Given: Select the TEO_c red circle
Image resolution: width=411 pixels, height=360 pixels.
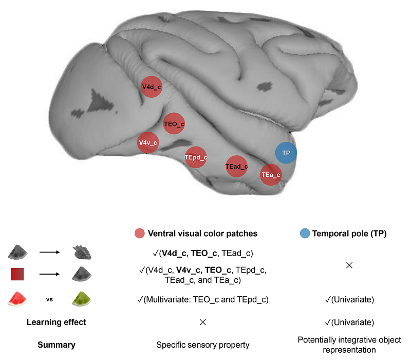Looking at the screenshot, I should [x=174, y=124].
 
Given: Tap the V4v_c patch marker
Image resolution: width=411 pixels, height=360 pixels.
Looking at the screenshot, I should [x=148, y=142].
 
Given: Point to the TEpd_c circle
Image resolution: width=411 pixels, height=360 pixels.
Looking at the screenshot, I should [x=196, y=157].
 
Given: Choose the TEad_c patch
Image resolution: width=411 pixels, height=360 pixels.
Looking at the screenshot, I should [x=236, y=166].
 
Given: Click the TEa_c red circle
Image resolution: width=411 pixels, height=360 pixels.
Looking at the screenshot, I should [x=271, y=175].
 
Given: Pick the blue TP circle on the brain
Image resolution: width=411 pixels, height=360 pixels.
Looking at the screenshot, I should [x=286, y=153].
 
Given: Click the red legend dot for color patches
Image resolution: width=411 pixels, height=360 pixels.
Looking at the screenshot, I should [x=139, y=233].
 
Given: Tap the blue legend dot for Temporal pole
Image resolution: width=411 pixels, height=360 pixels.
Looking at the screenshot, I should [x=305, y=233].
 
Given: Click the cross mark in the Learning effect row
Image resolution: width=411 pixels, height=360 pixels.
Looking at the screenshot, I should [x=203, y=322].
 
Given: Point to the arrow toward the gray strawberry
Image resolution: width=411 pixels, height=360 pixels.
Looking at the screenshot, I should [x=49, y=253].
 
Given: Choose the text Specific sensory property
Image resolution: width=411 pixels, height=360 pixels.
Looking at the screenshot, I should [x=203, y=345].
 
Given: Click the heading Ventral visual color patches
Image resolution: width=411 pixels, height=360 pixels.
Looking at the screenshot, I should [x=202, y=233].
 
